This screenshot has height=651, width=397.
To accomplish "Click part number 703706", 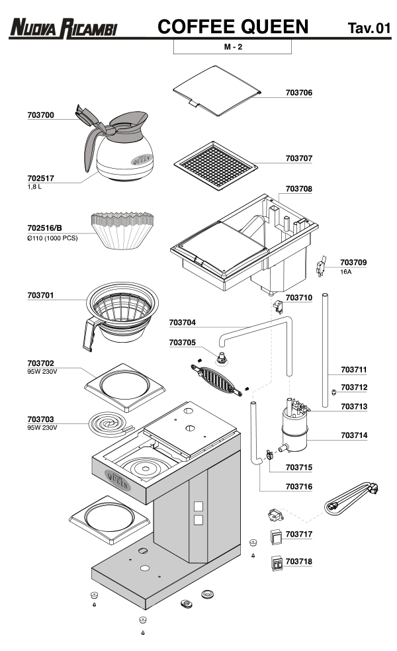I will click(298, 93).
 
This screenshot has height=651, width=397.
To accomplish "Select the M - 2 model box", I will click(232, 48).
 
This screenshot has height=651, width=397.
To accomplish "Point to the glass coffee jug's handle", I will click(90, 147).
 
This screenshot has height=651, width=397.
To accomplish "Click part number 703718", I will click(298, 562).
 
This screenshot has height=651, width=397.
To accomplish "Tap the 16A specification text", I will click(347, 272).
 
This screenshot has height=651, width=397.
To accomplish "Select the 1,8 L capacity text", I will click(36, 187).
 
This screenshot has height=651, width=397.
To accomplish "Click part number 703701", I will click(40, 295).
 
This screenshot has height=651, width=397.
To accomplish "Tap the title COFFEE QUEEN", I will click(234, 26).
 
